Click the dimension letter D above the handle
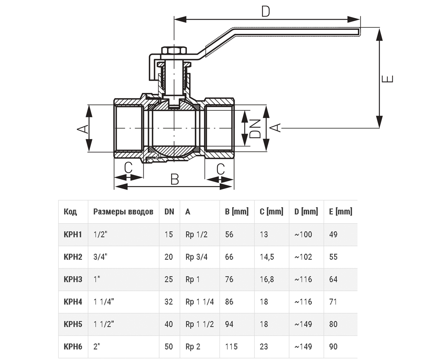(x=266, y=12)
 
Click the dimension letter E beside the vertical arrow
(x=387, y=79)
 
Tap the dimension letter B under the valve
(x=175, y=179)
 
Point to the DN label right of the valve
(x=255, y=129)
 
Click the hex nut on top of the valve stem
(x=174, y=51)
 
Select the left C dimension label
(x=128, y=168)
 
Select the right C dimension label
(x=221, y=169)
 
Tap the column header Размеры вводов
(x=123, y=212)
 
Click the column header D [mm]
(x=306, y=211)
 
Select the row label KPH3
(x=73, y=279)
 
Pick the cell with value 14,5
(x=267, y=257)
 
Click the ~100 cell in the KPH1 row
(x=303, y=234)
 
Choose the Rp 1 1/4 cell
(x=199, y=302)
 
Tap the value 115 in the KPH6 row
(x=231, y=347)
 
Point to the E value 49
(x=333, y=234)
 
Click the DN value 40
(x=168, y=324)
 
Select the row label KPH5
(x=73, y=324)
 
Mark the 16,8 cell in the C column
(x=267, y=279)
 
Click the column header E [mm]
(x=341, y=211)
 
